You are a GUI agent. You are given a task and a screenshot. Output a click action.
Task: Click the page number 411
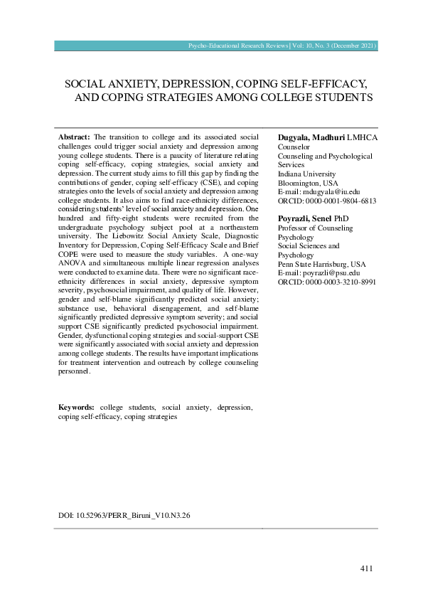click(x=366, y=568)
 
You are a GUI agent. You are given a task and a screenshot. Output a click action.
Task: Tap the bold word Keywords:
click(x=77, y=408)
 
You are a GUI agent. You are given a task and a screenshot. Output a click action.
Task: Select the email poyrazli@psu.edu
click(x=329, y=272)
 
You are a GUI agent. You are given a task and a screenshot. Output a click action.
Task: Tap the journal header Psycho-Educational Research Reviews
click(x=239, y=46)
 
